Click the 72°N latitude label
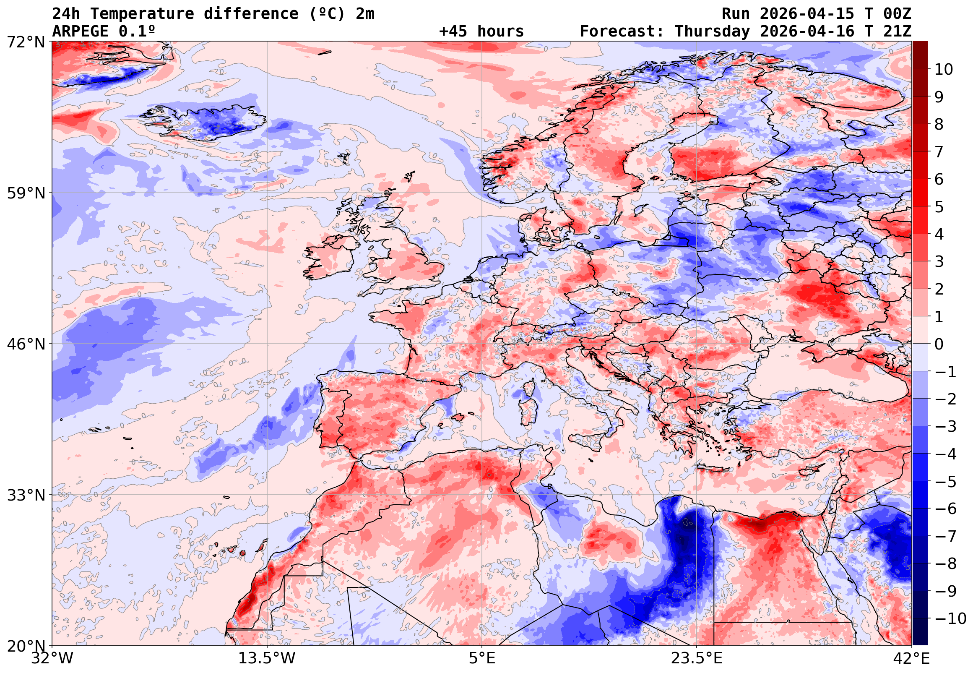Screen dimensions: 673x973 click(26, 42)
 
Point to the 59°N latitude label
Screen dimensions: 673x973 click(26, 193)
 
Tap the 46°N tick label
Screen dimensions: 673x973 click(26, 344)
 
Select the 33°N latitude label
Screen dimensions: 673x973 click(26, 495)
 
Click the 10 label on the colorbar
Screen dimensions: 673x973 click(943, 70)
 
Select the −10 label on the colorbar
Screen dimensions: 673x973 click(950, 618)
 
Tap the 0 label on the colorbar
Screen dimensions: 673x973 click(939, 344)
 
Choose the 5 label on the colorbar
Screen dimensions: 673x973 click(939, 207)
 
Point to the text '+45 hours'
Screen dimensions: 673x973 click(481, 31)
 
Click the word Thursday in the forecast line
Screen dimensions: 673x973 click(712, 31)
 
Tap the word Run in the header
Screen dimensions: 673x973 click(736, 14)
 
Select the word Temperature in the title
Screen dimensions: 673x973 click(142, 14)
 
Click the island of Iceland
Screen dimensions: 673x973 click(206, 122)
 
